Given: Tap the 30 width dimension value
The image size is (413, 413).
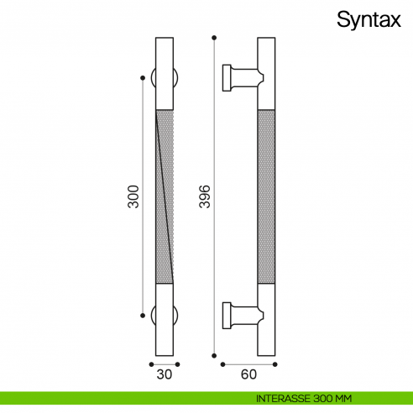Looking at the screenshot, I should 165,376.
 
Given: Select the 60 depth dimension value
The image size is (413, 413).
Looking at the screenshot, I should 248,376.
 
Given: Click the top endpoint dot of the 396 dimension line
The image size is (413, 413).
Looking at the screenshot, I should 215,38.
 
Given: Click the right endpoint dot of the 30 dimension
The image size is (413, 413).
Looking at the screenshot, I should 179,364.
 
